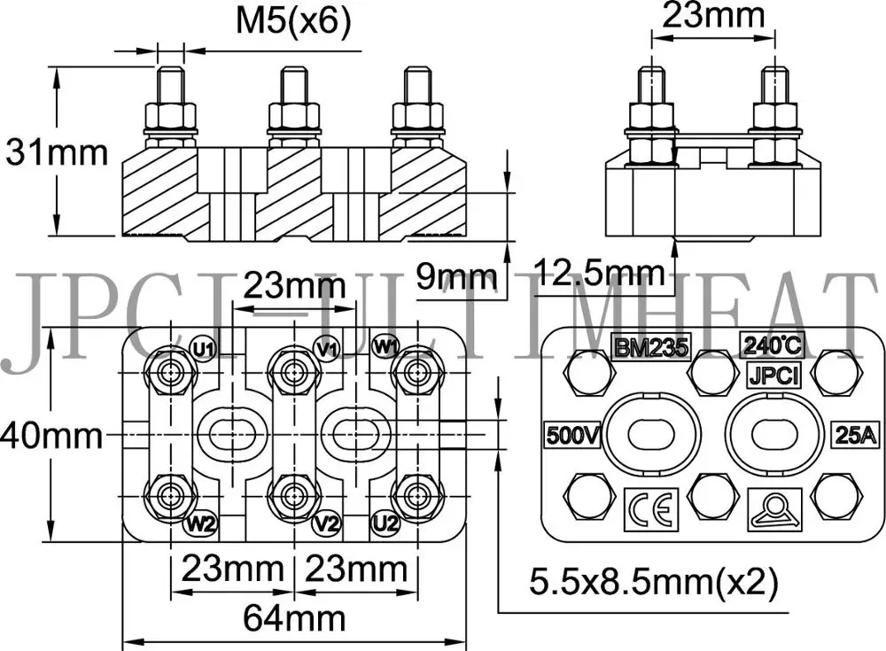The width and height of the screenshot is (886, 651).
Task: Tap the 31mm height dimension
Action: pos(57,152)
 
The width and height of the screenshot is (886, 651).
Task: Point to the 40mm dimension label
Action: pos(50,435)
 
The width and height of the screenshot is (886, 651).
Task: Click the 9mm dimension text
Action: pos(455,278)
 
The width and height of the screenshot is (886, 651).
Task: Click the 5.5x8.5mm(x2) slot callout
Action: pos(653,582)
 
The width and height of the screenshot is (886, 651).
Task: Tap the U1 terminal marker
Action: pos(204,348)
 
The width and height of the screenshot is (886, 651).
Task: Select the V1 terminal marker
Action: pos(326,348)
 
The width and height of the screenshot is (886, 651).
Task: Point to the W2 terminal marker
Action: pos(199,523)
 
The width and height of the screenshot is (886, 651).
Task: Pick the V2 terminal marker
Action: pos(326,523)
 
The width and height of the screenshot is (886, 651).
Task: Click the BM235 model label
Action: pos(651,346)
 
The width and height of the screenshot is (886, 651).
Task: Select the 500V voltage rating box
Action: pos(573,435)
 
